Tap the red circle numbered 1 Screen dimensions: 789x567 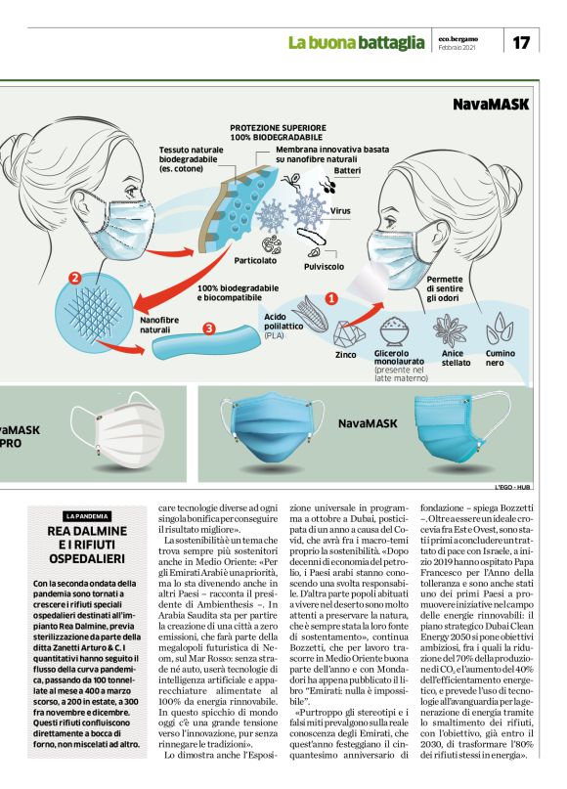click(330, 297)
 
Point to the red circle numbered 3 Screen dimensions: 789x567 click(208, 329)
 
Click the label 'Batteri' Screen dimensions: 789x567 click(347, 170)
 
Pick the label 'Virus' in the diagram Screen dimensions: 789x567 click(340, 211)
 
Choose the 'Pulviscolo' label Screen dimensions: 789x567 click(324, 265)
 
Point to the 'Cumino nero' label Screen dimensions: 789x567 click(501, 358)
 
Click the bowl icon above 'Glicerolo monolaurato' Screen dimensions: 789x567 click(393, 330)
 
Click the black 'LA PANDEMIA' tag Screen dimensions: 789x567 click(88, 515)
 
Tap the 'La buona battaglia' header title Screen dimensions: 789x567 click(357, 42)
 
